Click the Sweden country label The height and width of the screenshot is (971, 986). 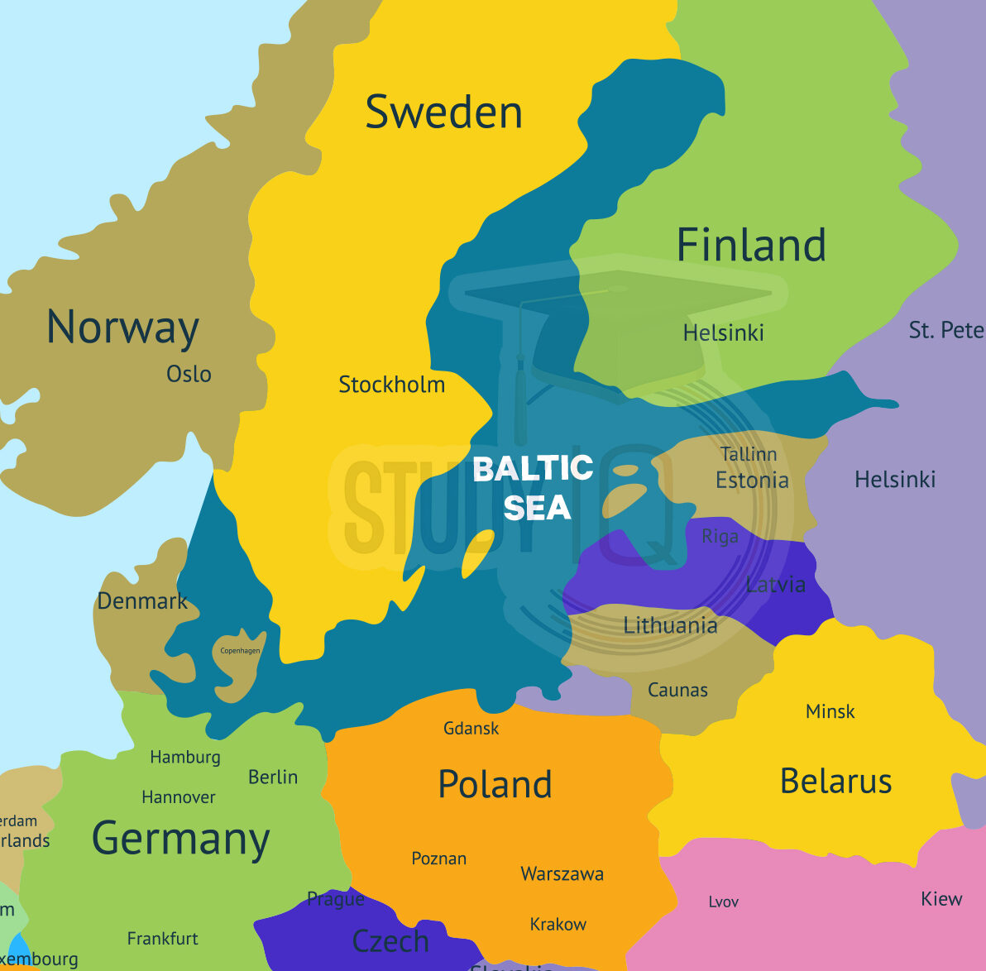(x=443, y=112)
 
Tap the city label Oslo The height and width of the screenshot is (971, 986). (x=189, y=374)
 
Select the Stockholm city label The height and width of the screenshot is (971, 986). (x=391, y=385)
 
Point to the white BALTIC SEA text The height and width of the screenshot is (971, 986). (x=534, y=488)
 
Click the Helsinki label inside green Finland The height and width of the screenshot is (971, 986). (x=723, y=332)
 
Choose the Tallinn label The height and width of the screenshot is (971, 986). (x=748, y=454)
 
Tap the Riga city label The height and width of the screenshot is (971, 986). (x=720, y=536)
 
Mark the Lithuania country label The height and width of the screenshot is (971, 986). (x=670, y=625)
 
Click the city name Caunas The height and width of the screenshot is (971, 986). (x=677, y=690)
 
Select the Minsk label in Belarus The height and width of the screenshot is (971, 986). (x=830, y=711)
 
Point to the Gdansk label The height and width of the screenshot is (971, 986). (x=471, y=729)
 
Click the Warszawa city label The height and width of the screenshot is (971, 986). (x=562, y=873)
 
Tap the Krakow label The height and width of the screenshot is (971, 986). (x=558, y=924)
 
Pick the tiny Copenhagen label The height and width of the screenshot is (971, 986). (x=240, y=651)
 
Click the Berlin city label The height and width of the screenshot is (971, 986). (x=272, y=777)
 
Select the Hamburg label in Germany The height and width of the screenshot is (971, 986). (x=185, y=757)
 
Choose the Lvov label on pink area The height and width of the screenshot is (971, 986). (x=723, y=902)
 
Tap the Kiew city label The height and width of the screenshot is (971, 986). (x=941, y=898)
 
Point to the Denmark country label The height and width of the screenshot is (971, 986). (x=142, y=600)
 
